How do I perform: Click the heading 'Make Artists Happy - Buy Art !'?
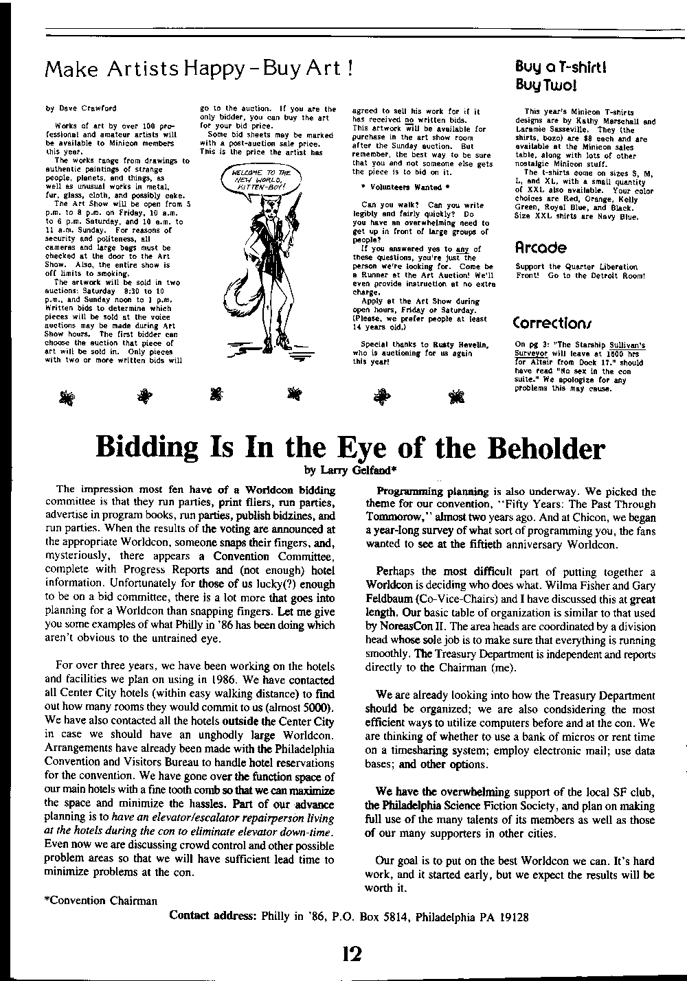[x=199, y=69]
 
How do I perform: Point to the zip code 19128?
[x=513, y=917]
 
